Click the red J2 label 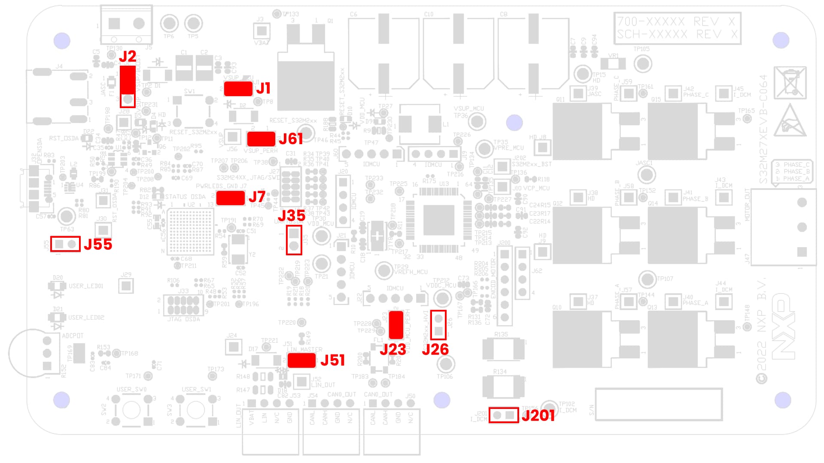tap(128, 56)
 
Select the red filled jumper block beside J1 tap(238, 89)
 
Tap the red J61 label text tap(291, 139)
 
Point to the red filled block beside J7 tap(231, 198)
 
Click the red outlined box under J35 tap(294, 240)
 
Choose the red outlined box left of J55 tap(65, 244)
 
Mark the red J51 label tap(332, 360)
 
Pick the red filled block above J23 tap(396, 325)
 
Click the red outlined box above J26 tap(438, 325)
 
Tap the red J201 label tap(538, 415)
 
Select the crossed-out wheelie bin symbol tap(790, 83)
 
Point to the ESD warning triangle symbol tap(790, 121)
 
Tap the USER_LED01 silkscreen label tap(86, 286)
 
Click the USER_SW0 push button tap(131, 410)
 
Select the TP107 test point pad tap(647, 279)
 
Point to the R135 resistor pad tap(503, 349)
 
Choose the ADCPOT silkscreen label tap(73, 336)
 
